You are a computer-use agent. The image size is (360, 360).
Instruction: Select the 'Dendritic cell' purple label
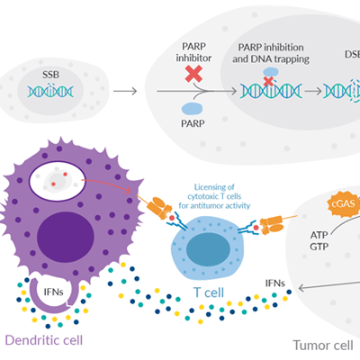tap(47, 339)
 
